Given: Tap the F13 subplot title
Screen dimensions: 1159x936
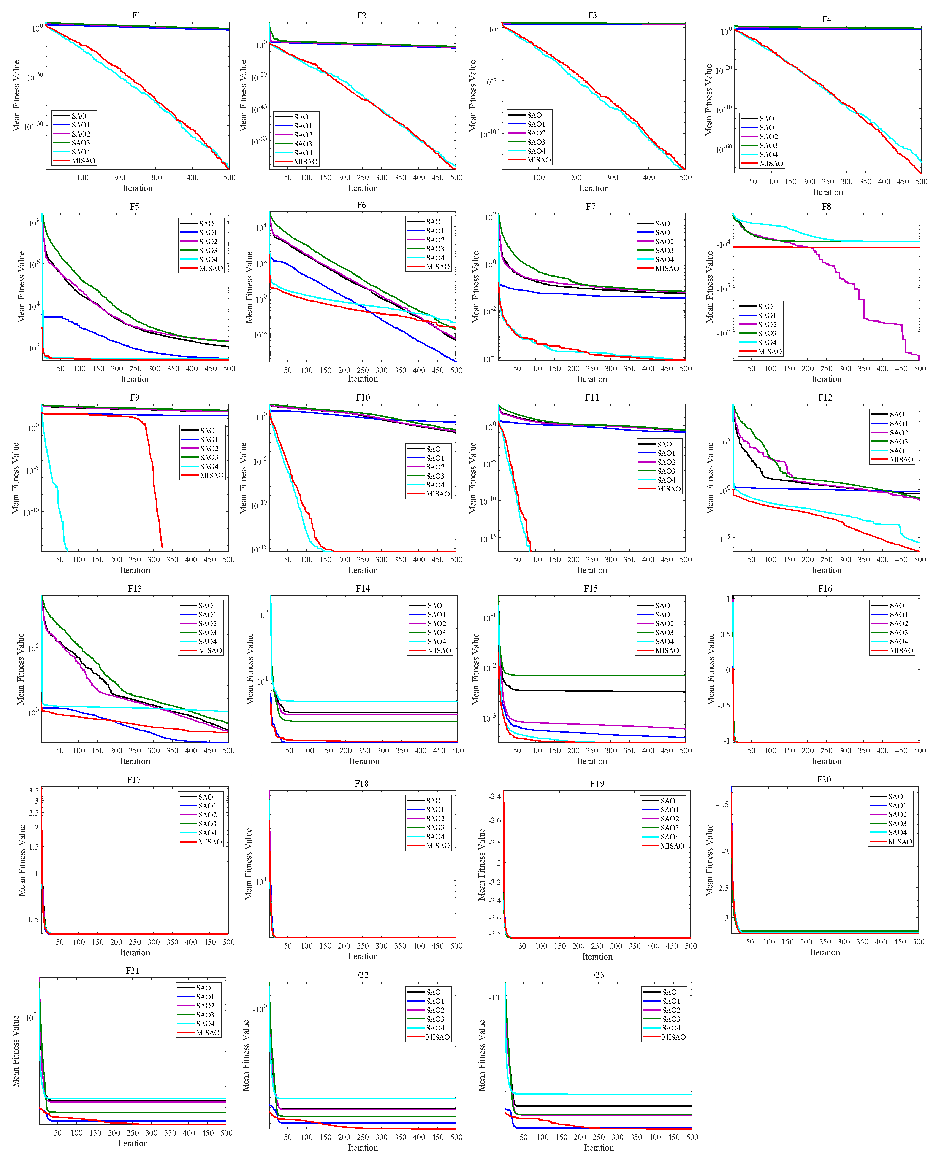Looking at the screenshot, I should (135, 588).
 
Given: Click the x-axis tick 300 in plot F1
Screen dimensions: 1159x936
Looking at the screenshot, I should (156, 177).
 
